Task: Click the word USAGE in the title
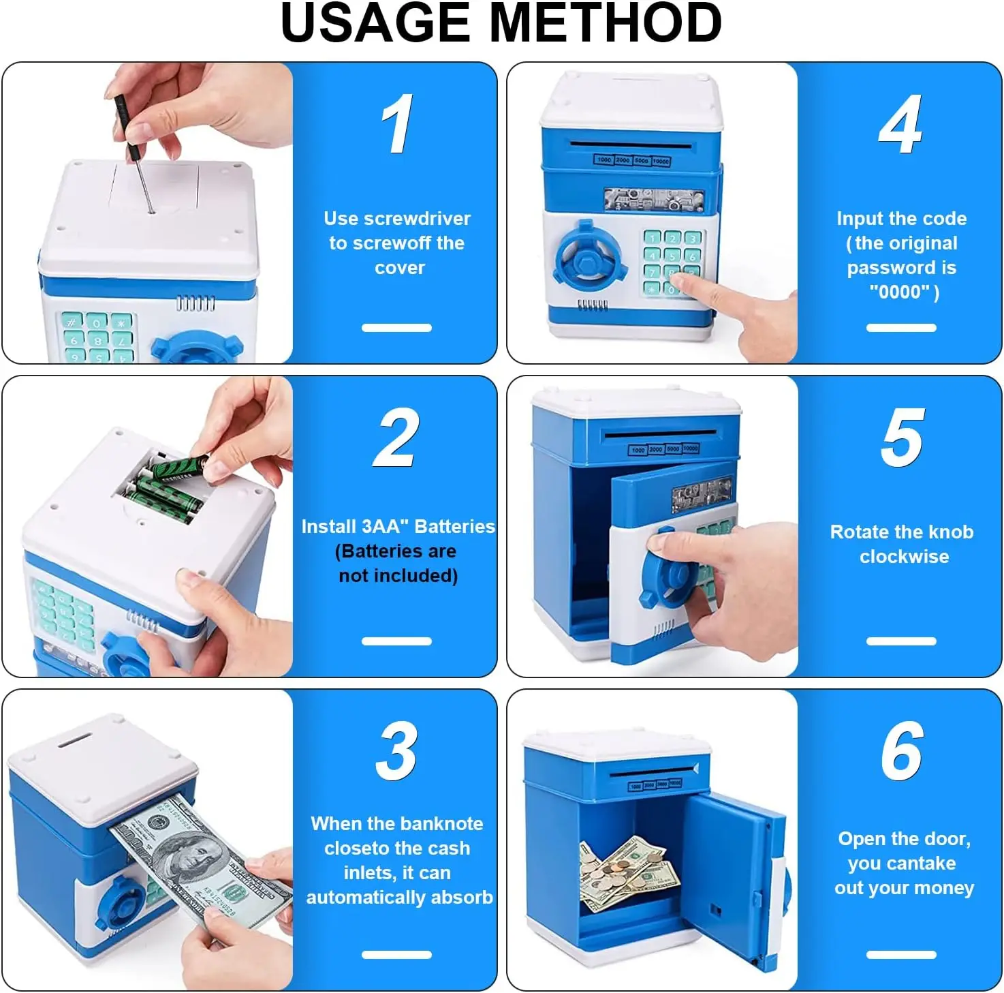pos(375,23)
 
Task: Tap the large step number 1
pos(397,123)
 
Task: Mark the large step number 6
pos(903,751)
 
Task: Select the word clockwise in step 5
pos(904,557)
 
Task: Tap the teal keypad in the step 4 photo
pos(672,263)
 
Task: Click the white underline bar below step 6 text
pos(901,954)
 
